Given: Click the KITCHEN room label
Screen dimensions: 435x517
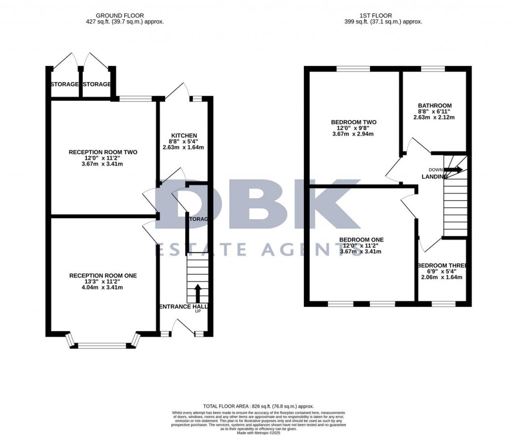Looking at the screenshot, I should point(184,136).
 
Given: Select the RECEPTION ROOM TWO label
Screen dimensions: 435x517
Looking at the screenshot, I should point(103,152).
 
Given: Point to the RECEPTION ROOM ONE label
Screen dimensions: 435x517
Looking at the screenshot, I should point(103,275).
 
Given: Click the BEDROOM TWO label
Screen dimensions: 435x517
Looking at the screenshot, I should point(353,122).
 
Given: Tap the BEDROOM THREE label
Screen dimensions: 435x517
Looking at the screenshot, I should point(442,266).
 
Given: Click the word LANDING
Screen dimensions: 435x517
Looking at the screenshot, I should point(435,176).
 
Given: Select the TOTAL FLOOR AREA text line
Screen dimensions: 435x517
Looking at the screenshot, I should point(258,406).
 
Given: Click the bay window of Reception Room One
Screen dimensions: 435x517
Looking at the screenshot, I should point(103,345).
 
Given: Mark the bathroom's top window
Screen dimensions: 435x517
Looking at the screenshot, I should point(433,69).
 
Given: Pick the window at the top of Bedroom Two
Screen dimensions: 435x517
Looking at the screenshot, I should point(353,69).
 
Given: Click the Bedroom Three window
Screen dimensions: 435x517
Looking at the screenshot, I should point(443,304).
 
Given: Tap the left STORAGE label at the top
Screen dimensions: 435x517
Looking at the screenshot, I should point(64,84).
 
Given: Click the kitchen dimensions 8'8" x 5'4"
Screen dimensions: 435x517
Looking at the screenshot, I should point(184,142).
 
